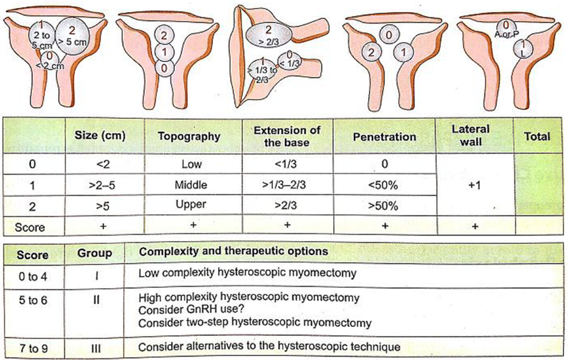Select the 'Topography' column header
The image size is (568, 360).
(x=189, y=136)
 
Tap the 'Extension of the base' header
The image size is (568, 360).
(x=287, y=135)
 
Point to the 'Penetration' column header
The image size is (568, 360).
(x=384, y=136)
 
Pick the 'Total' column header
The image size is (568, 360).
(x=537, y=136)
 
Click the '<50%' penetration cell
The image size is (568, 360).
(x=384, y=185)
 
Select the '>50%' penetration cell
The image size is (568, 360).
(x=384, y=206)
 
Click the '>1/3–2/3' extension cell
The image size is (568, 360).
(x=287, y=185)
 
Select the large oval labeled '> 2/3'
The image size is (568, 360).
(x=268, y=35)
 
